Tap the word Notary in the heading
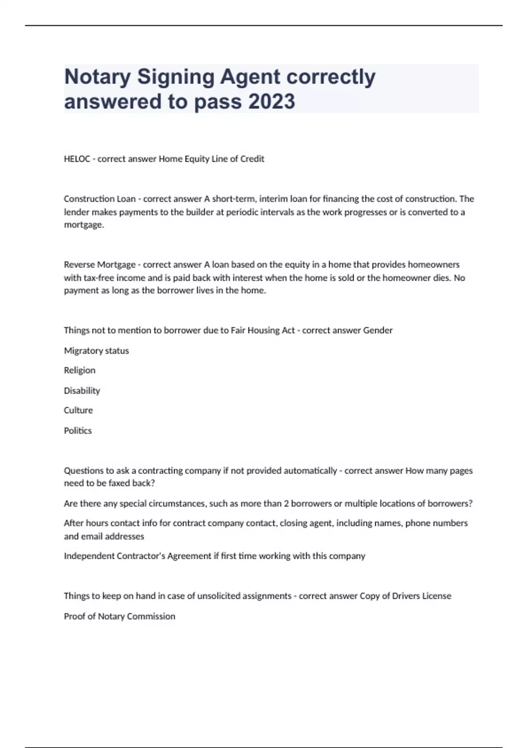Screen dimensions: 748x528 pos(97,77)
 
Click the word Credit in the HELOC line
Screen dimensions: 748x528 pos(252,159)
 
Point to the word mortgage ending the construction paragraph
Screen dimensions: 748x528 pos(84,225)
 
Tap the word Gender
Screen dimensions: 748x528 pos(378,330)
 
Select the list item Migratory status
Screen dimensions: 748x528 pos(96,351)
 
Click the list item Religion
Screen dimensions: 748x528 pos(80,370)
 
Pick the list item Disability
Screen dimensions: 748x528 pos(82,390)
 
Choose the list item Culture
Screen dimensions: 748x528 pos(78,410)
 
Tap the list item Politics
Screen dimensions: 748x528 pos(78,430)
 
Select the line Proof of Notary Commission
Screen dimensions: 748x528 pos(120,616)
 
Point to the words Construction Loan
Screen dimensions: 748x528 pos(99,199)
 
